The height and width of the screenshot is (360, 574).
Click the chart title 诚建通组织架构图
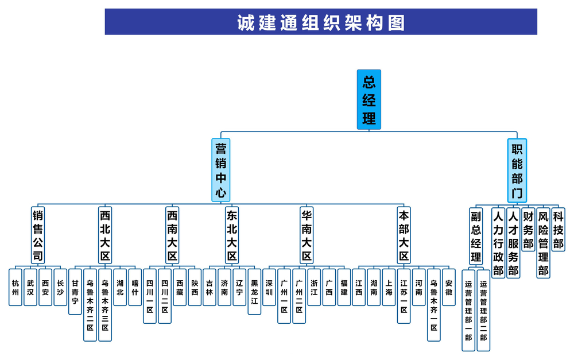coord(321,22)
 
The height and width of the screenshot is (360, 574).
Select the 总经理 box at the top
coord(369,99)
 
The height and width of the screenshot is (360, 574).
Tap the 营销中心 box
coord(221,170)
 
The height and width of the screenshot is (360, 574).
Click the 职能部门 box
coord(517,170)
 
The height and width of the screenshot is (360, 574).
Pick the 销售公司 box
coord(38,235)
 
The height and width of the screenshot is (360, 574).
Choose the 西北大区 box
coord(105,235)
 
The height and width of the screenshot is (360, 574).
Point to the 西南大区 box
coord(172,235)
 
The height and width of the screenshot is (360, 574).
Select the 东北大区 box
coord(232,235)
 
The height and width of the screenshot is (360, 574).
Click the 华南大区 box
coord(307,235)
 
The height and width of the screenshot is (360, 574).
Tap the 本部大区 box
coord(404,235)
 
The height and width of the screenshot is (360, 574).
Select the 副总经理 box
coord(476,235)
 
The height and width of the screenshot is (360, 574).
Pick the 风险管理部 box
coord(543,242)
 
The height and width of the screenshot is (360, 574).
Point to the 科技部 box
coord(558,229)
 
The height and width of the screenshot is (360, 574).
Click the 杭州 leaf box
coord(16,287)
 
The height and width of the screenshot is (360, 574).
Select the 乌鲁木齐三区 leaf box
coord(105,304)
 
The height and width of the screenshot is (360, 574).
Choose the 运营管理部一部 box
coord(468,309)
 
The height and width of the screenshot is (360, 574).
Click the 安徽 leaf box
coord(449,287)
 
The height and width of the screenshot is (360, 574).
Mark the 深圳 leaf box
coord(269,287)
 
